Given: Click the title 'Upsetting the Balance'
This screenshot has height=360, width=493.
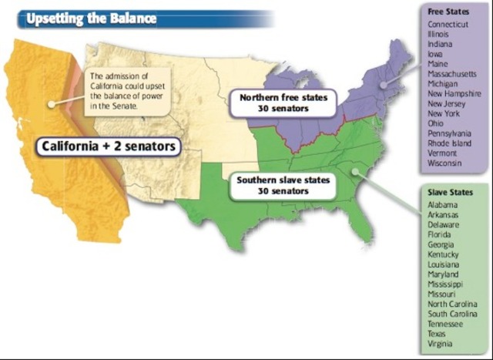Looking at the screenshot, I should [x=91, y=17].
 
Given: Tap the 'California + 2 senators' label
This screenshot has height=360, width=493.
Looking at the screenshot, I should [x=108, y=146].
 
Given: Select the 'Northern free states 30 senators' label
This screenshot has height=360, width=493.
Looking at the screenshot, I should [x=283, y=103].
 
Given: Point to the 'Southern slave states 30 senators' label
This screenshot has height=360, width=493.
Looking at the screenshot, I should [x=283, y=185].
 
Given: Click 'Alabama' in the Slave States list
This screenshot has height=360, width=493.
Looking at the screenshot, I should [x=444, y=204].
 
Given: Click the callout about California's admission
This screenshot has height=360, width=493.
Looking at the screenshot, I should [x=119, y=91].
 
